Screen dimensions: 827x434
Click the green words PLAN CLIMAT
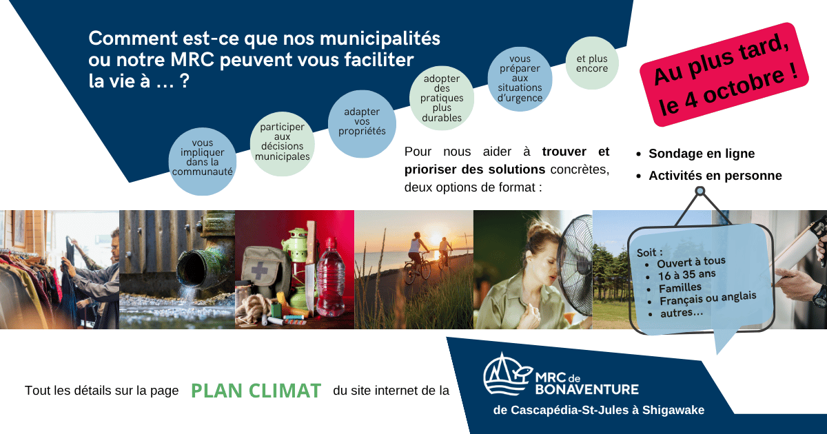coord(256,391)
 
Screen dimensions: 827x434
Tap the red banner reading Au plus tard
coord(724,74)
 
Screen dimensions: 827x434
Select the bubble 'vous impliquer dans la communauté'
coord(203,161)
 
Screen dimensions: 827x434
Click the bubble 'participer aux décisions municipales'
coord(283,143)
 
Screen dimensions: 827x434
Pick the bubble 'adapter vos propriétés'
coord(362,124)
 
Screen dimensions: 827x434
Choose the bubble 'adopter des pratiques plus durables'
coord(442,98)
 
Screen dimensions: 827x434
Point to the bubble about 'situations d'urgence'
coord(520,79)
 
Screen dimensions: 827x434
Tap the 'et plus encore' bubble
coord(592,63)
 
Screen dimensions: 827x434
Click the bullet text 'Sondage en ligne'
coord(702,154)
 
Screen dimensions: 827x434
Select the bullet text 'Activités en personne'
coord(715,176)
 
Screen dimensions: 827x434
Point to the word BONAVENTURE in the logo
coord(586,389)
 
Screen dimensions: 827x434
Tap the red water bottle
coord(330,277)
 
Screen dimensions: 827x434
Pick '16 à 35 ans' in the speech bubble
coord(686,275)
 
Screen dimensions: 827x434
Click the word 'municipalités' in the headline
coord(380,39)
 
